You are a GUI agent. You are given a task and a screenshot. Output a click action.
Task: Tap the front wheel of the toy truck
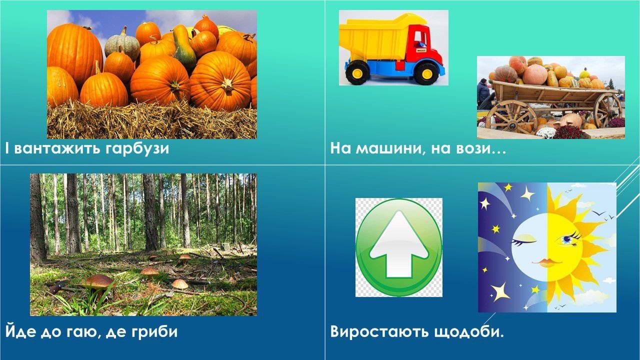pos(426,73)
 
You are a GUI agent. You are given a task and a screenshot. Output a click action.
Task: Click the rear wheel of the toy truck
pos(357,73)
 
